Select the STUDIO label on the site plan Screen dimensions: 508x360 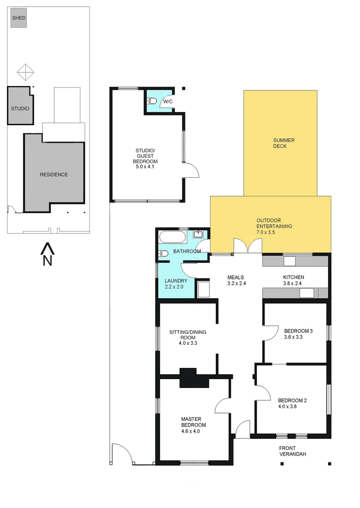[x=20, y=109]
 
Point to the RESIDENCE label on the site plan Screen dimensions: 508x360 [x=54, y=175]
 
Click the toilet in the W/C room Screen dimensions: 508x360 [x=152, y=101]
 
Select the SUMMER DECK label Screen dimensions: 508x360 [x=280, y=143]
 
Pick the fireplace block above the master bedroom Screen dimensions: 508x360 [x=194, y=377]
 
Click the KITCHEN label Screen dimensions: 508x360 [x=293, y=277]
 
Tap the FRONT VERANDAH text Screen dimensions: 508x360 [x=292, y=451]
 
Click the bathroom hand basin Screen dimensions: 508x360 [x=198, y=234]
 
